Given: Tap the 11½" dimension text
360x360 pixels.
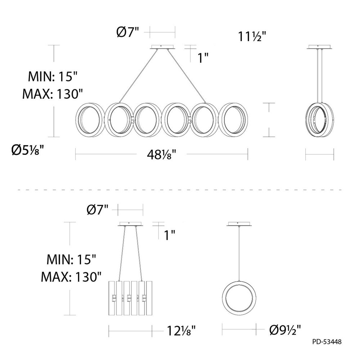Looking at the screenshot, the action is coord(252,36).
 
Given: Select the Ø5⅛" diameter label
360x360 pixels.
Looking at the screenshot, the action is coord(28,150).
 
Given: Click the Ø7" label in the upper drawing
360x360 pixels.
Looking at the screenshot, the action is coord(128,32).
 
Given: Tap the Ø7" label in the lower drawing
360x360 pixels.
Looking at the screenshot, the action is coord(97,210).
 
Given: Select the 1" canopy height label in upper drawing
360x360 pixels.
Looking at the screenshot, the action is coord(203,58).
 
